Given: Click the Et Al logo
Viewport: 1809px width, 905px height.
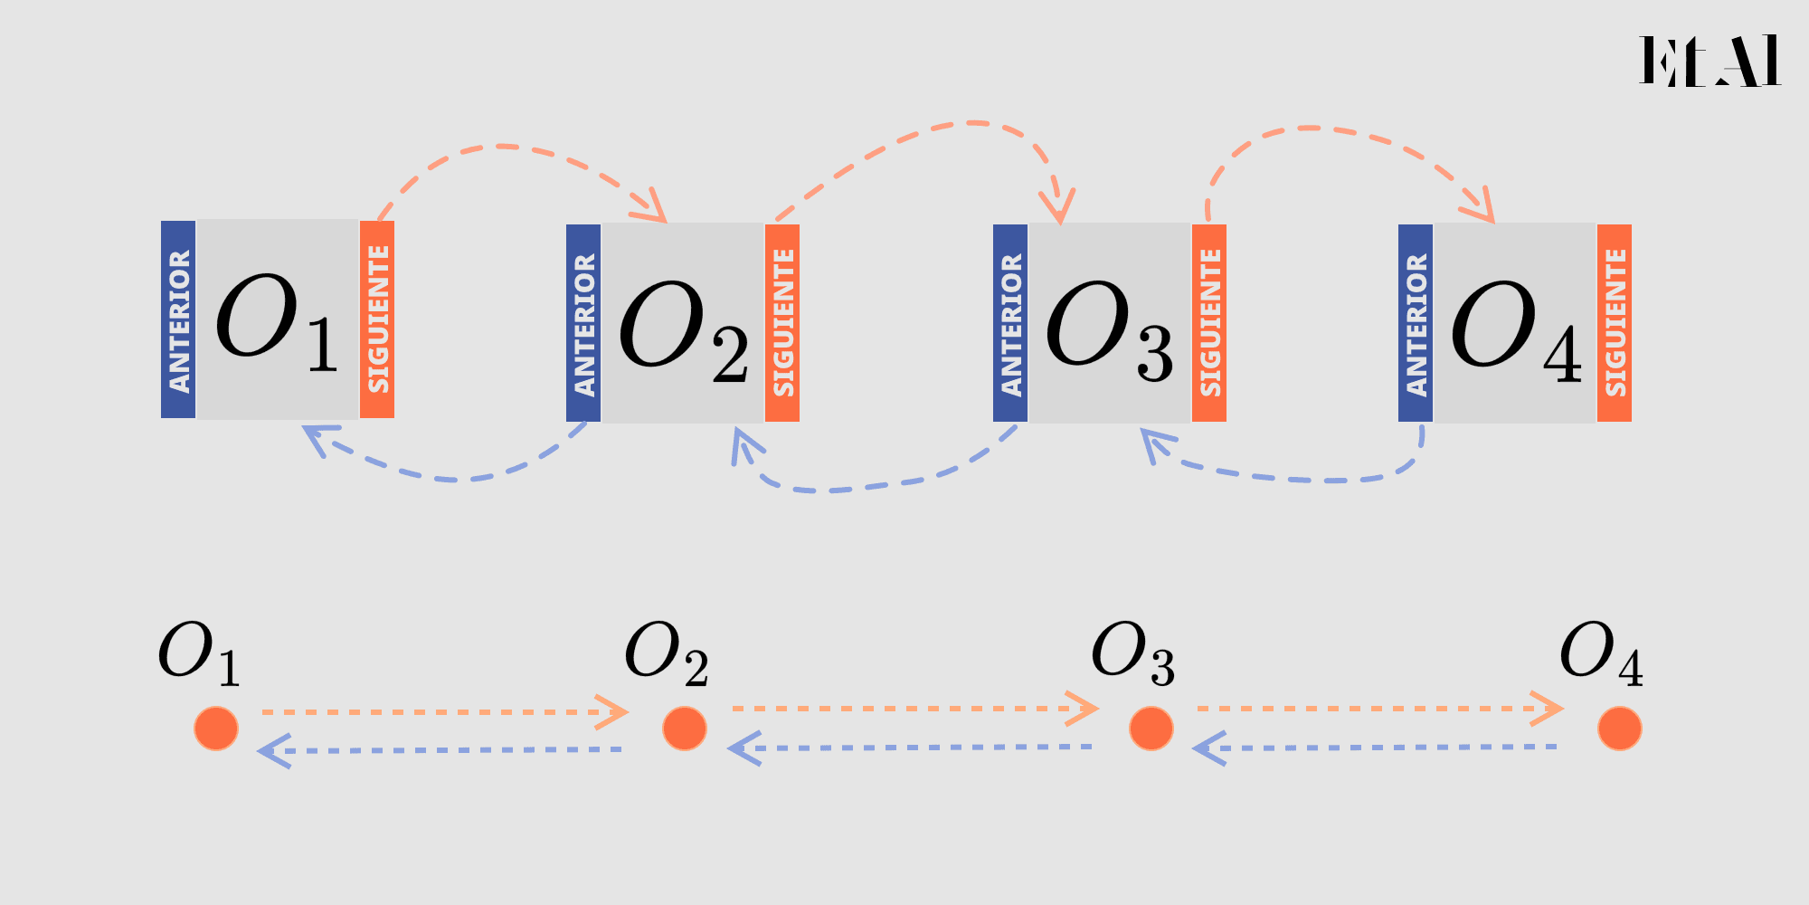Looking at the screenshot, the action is point(1710,61).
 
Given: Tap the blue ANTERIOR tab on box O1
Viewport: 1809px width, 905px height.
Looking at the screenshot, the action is point(178,319).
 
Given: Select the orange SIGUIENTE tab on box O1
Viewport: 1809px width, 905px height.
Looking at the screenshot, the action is point(377,319).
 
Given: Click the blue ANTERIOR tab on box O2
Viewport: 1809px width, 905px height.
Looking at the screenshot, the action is point(583,323).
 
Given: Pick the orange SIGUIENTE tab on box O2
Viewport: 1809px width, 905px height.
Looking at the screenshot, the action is point(782,323).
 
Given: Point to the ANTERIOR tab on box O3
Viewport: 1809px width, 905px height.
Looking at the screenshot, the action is point(1010,323).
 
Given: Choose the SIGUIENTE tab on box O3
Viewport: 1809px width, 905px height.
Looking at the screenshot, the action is point(1209,323).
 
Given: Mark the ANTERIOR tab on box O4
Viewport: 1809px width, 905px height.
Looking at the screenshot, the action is point(1416,323).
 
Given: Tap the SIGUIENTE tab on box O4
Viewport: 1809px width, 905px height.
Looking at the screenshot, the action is point(1615,323).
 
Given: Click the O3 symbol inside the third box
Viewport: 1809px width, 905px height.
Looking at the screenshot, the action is point(1110,330).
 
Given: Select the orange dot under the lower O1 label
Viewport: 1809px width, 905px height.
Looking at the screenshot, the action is point(216,729).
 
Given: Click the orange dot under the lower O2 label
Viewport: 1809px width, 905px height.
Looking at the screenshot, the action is point(685,729).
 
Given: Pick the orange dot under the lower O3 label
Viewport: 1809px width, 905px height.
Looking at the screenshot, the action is point(1151,729).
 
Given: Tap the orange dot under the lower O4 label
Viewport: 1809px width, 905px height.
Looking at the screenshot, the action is point(1620,729).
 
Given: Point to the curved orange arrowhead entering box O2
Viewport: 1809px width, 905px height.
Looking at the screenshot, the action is point(651,206).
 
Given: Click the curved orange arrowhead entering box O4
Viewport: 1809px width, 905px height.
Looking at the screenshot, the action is point(1480,206).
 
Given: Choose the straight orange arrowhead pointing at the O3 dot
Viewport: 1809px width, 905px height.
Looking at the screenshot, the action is point(1083,709).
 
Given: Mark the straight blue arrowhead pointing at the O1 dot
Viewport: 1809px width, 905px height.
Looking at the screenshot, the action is point(274,751).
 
